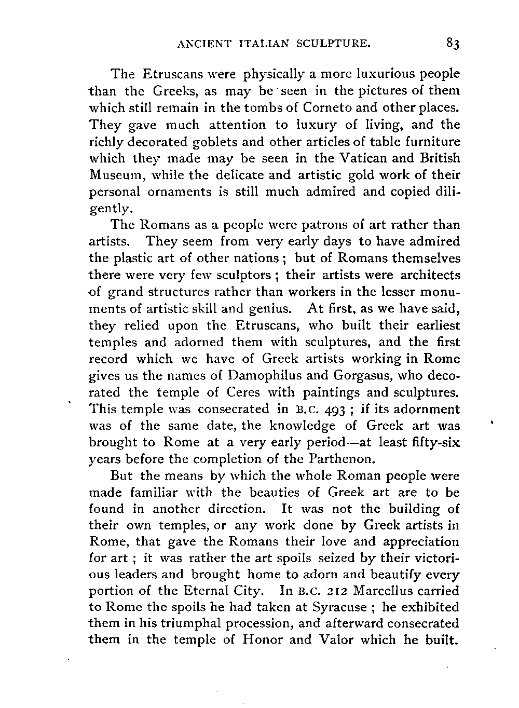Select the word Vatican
coord(366,158)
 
